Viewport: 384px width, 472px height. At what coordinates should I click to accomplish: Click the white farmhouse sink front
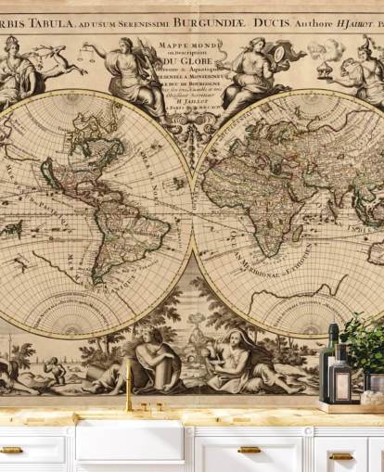129,442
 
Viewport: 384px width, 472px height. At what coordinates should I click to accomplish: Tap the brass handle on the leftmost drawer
11,451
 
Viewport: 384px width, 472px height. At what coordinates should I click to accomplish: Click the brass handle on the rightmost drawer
341,455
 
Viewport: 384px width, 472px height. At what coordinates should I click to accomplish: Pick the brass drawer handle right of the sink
250,451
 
